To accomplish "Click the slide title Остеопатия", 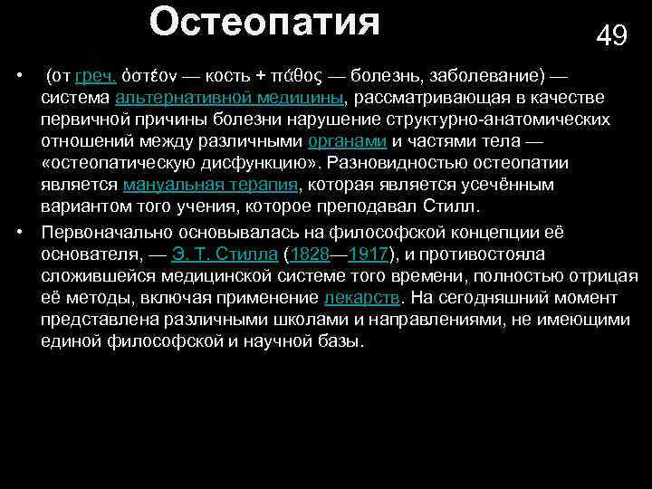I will click(x=264, y=22).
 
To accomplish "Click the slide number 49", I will click(x=611, y=35).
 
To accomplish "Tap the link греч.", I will click(x=94, y=75).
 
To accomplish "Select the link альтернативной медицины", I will click(x=228, y=98).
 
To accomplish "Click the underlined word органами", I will click(x=348, y=142).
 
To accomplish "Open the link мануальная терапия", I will click(x=210, y=186).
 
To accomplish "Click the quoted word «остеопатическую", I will click(x=114, y=164).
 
